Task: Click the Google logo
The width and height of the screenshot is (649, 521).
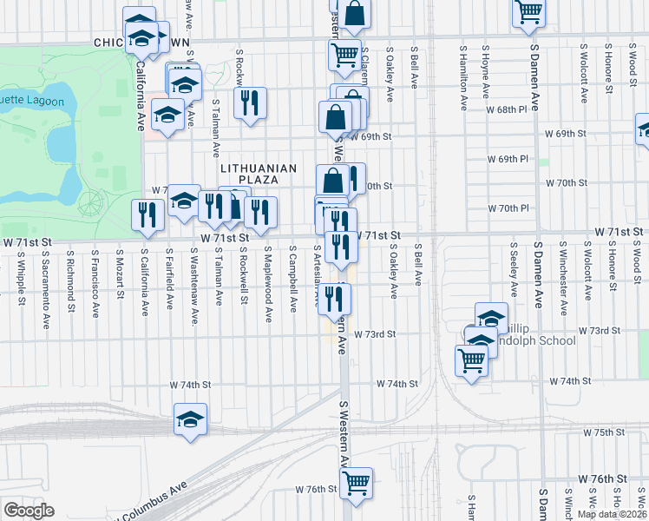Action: click(29, 510)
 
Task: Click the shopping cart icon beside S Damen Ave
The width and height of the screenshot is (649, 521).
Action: click(528, 12)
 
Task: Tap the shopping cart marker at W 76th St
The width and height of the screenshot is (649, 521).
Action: click(357, 483)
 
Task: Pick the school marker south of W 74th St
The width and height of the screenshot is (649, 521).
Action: click(191, 419)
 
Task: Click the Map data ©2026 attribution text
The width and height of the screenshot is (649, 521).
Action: click(612, 514)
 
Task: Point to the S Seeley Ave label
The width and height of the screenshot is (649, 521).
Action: click(514, 277)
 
